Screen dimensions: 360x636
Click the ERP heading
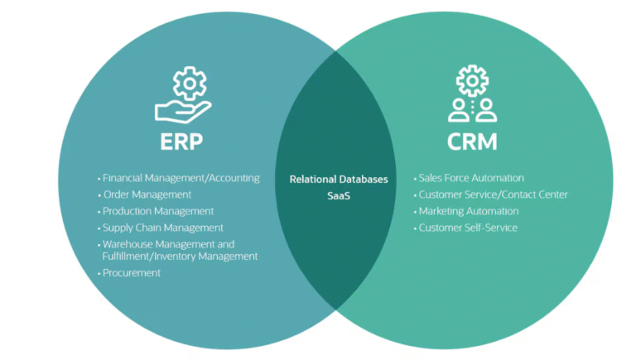click(x=181, y=141)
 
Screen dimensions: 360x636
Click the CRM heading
click(x=472, y=141)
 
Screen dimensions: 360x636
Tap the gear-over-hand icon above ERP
click(x=182, y=95)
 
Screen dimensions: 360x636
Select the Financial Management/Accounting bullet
click(x=181, y=178)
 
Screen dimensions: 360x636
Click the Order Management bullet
click(x=147, y=194)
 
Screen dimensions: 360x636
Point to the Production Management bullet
click(x=158, y=211)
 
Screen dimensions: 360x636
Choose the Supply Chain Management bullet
click(x=162, y=228)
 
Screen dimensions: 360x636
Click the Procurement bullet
click(x=131, y=273)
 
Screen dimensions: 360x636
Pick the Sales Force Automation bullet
click(x=470, y=178)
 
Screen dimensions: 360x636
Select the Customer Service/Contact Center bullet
click(x=493, y=194)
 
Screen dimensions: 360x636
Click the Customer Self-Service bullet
click(x=467, y=228)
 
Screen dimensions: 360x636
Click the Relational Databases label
click(x=338, y=179)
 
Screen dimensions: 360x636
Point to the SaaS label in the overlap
click(x=338, y=196)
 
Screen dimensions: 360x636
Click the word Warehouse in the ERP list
click(x=127, y=244)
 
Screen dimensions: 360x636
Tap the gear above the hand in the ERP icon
click(x=187, y=83)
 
